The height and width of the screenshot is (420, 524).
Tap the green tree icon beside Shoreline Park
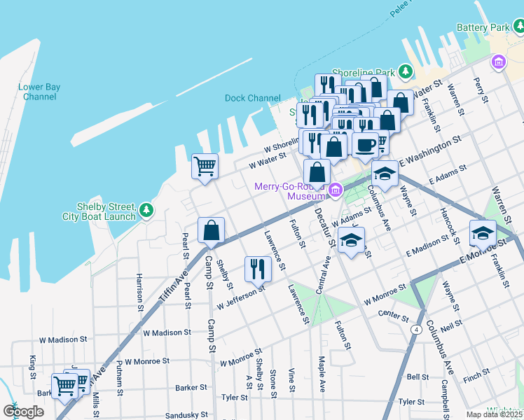pos(405,71)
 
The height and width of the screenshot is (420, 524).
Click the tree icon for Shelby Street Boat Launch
pos(146,210)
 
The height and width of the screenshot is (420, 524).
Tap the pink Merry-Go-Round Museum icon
pos(336,189)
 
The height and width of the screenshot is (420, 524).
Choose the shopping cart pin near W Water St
pos(205,167)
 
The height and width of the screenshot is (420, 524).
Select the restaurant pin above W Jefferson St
pos(258,268)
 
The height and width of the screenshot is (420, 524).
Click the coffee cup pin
pos(364,145)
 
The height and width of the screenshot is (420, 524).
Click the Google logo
pos(23,412)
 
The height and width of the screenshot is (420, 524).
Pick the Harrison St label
pos(139,293)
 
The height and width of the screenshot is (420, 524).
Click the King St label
pos(33,367)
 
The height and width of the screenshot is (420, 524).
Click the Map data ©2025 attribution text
pos(494,414)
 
